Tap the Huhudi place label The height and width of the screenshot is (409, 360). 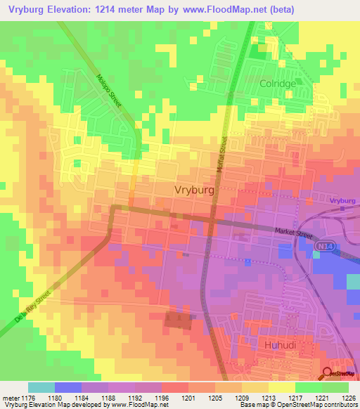[x=281, y=345]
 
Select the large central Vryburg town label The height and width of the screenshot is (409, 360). [x=193, y=190]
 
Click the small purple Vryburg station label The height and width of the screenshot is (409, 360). [x=342, y=200]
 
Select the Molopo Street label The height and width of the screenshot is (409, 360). [x=110, y=91]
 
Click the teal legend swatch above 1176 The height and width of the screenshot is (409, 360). [x=41, y=387]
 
